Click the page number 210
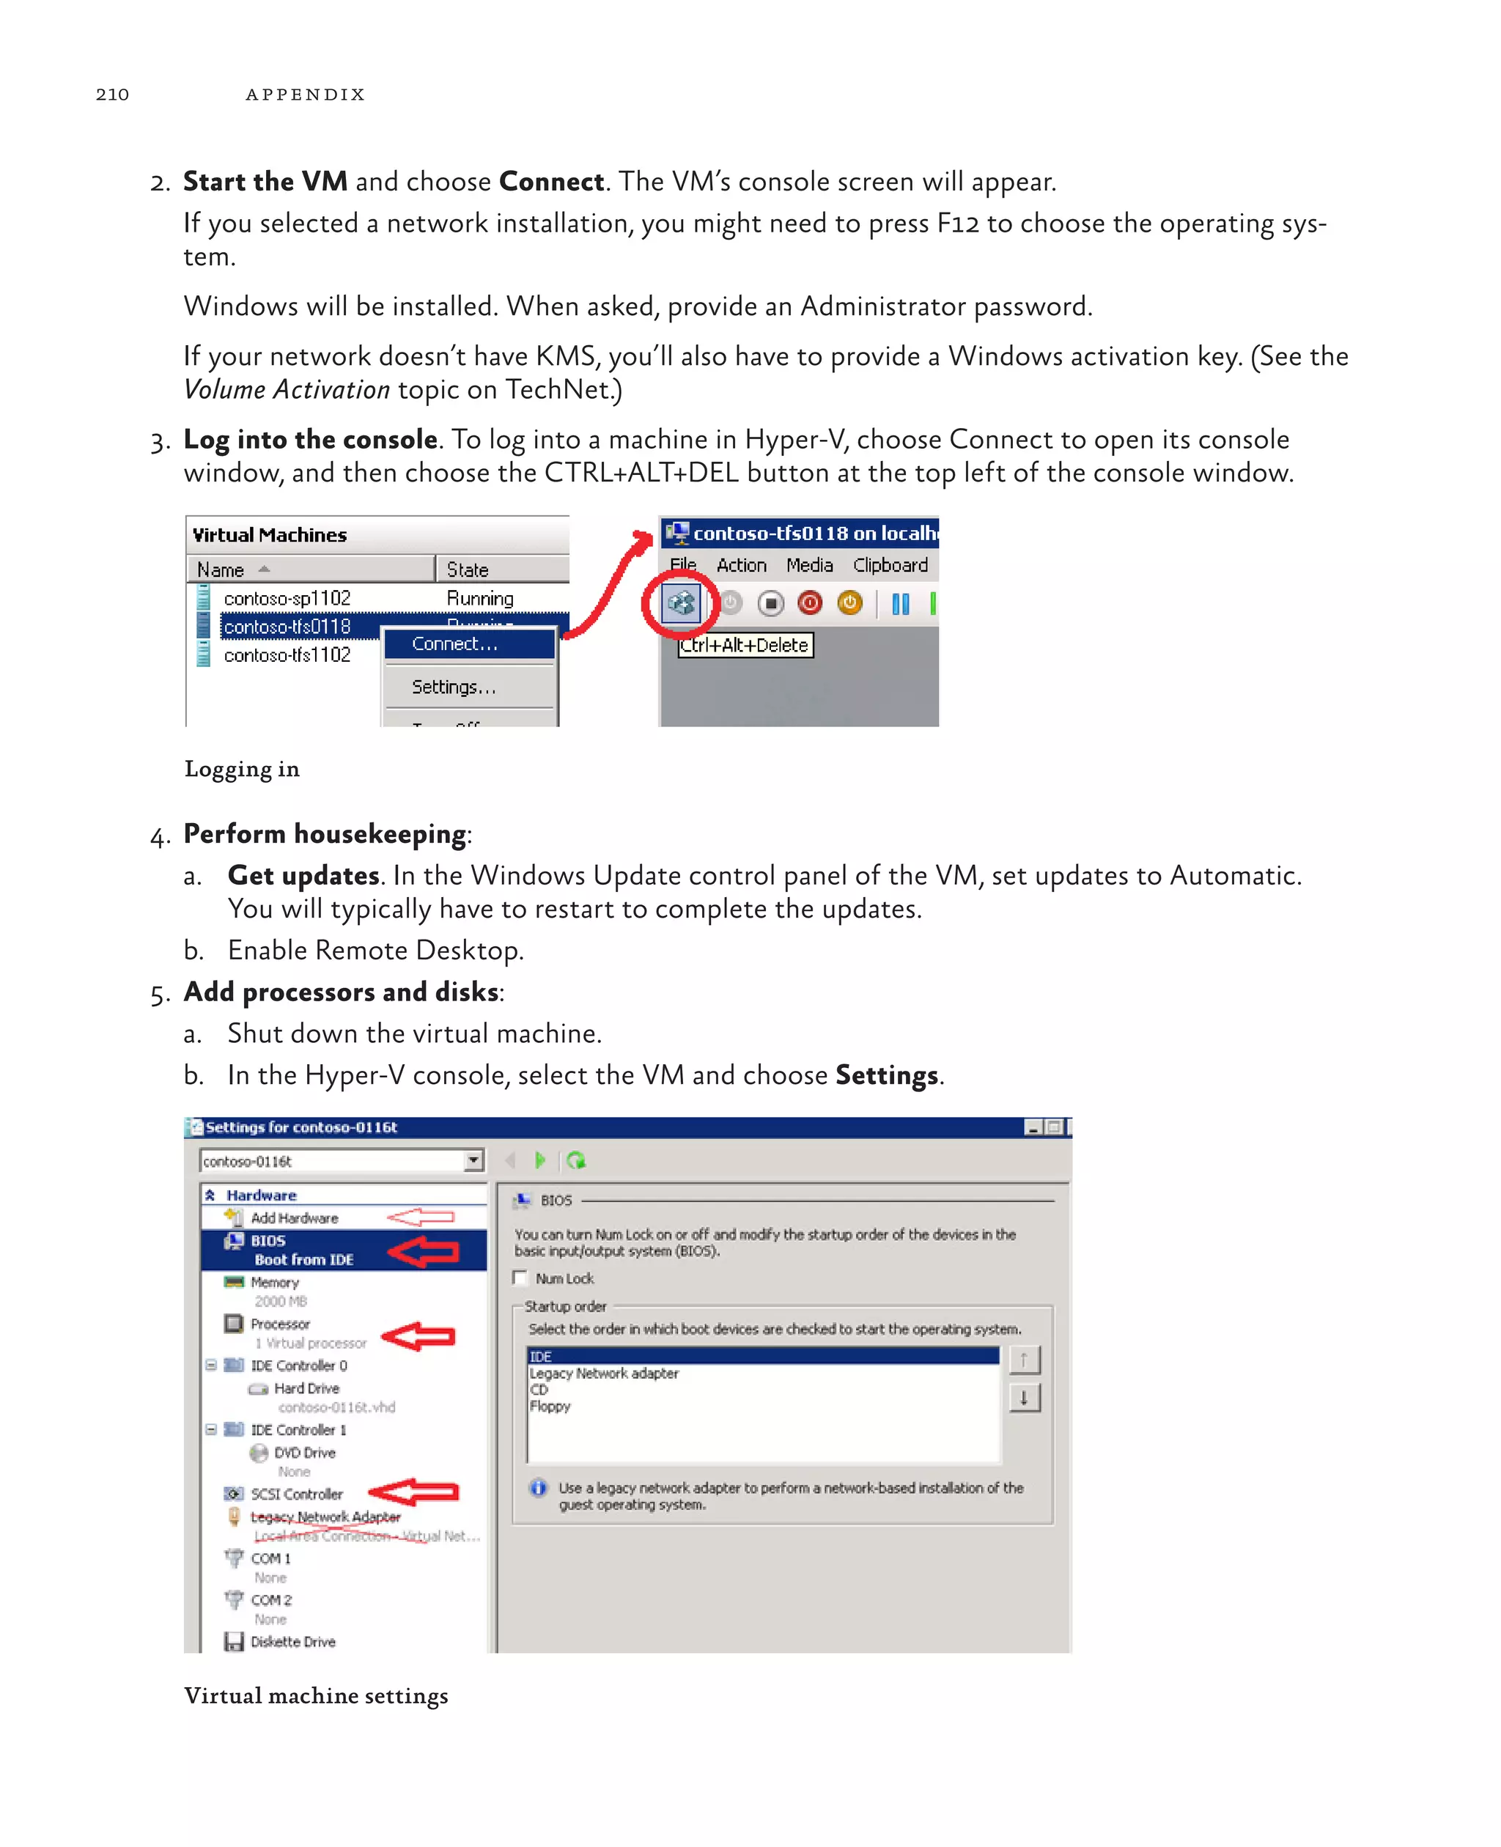click(x=112, y=95)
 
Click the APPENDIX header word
click(x=305, y=95)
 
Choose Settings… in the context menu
click(x=454, y=687)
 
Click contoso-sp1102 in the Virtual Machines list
click(x=287, y=598)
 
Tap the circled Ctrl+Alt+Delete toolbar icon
click(x=680, y=602)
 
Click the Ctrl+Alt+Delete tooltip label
click(x=745, y=645)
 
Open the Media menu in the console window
click(x=809, y=566)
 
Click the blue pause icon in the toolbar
click(x=900, y=603)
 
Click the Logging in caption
click(x=242, y=770)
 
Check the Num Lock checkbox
click(x=520, y=1278)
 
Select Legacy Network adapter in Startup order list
click(x=603, y=1373)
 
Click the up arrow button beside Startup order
click(x=1024, y=1360)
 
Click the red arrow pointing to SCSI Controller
click(x=414, y=1492)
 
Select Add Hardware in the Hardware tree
click(x=294, y=1218)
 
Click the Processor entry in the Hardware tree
click(x=280, y=1324)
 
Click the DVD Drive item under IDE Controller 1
click(x=304, y=1453)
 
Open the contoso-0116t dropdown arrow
click(x=473, y=1160)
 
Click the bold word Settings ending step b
click(x=886, y=1076)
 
